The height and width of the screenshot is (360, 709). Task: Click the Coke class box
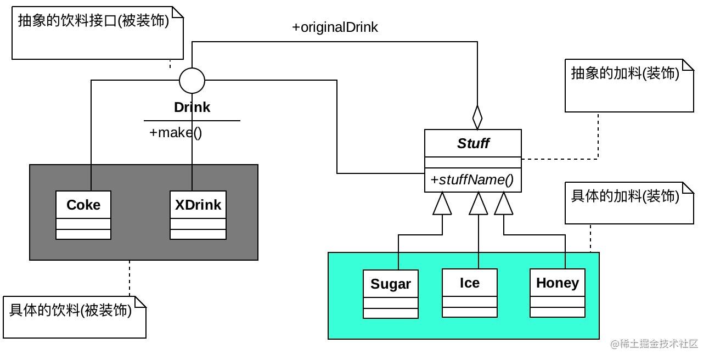click(x=83, y=215)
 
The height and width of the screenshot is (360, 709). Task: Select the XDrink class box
click(x=198, y=215)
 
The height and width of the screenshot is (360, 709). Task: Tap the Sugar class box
click(x=391, y=294)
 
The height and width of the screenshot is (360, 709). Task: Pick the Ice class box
click(x=470, y=293)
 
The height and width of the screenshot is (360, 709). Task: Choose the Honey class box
click(x=558, y=293)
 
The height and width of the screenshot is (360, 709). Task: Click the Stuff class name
click(x=473, y=143)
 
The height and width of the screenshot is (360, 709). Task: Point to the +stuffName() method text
click(x=472, y=180)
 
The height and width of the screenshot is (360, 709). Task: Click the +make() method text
click(x=176, y=133)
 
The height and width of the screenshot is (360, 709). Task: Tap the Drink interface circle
click(x=192, y=81)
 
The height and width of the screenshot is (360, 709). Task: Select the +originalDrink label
click(x=335, y=27)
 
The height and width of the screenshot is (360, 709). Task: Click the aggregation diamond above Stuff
click(x=477, y=117)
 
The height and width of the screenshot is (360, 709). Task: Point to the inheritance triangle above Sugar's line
click(x=442, y=203)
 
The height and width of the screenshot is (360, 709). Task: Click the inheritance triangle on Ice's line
click(x=479, y=203)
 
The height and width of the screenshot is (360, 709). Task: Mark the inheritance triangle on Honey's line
click(x=504, y=203)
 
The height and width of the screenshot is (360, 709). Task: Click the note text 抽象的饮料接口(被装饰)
click(x=93, y=21)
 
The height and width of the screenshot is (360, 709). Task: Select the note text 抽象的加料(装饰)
click(x=625, y=74)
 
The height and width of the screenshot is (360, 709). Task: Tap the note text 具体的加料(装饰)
click(x=625, y=196)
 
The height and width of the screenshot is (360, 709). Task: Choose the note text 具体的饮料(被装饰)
click(x=70, y=310)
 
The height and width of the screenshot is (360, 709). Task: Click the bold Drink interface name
click(x=192, y=108)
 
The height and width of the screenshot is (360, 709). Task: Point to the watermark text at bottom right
click(x=654, y=344)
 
